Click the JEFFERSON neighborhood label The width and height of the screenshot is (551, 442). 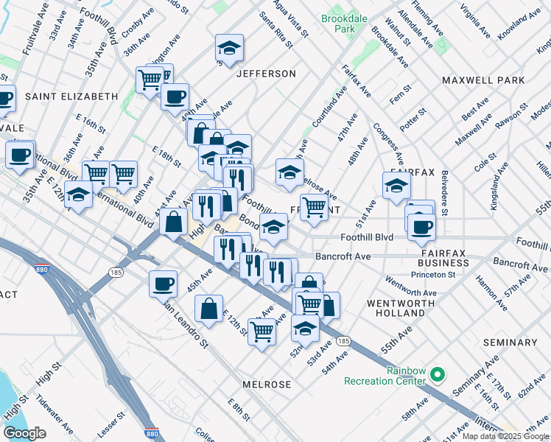coord(266,74)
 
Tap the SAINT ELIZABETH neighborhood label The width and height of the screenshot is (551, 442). coord(71,97)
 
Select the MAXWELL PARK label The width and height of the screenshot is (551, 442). coord(483,80)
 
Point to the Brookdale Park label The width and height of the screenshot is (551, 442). coord(338,23)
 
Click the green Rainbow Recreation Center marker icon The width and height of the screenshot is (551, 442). coord(437,375)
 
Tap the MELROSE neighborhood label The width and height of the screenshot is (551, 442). coord(267,385)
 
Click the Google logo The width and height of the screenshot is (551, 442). coord(24,433)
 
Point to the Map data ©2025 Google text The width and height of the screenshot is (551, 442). coord(505,436)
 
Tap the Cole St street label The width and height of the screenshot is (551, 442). coord(485,163)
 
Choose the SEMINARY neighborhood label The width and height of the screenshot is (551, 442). coord(510,343)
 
